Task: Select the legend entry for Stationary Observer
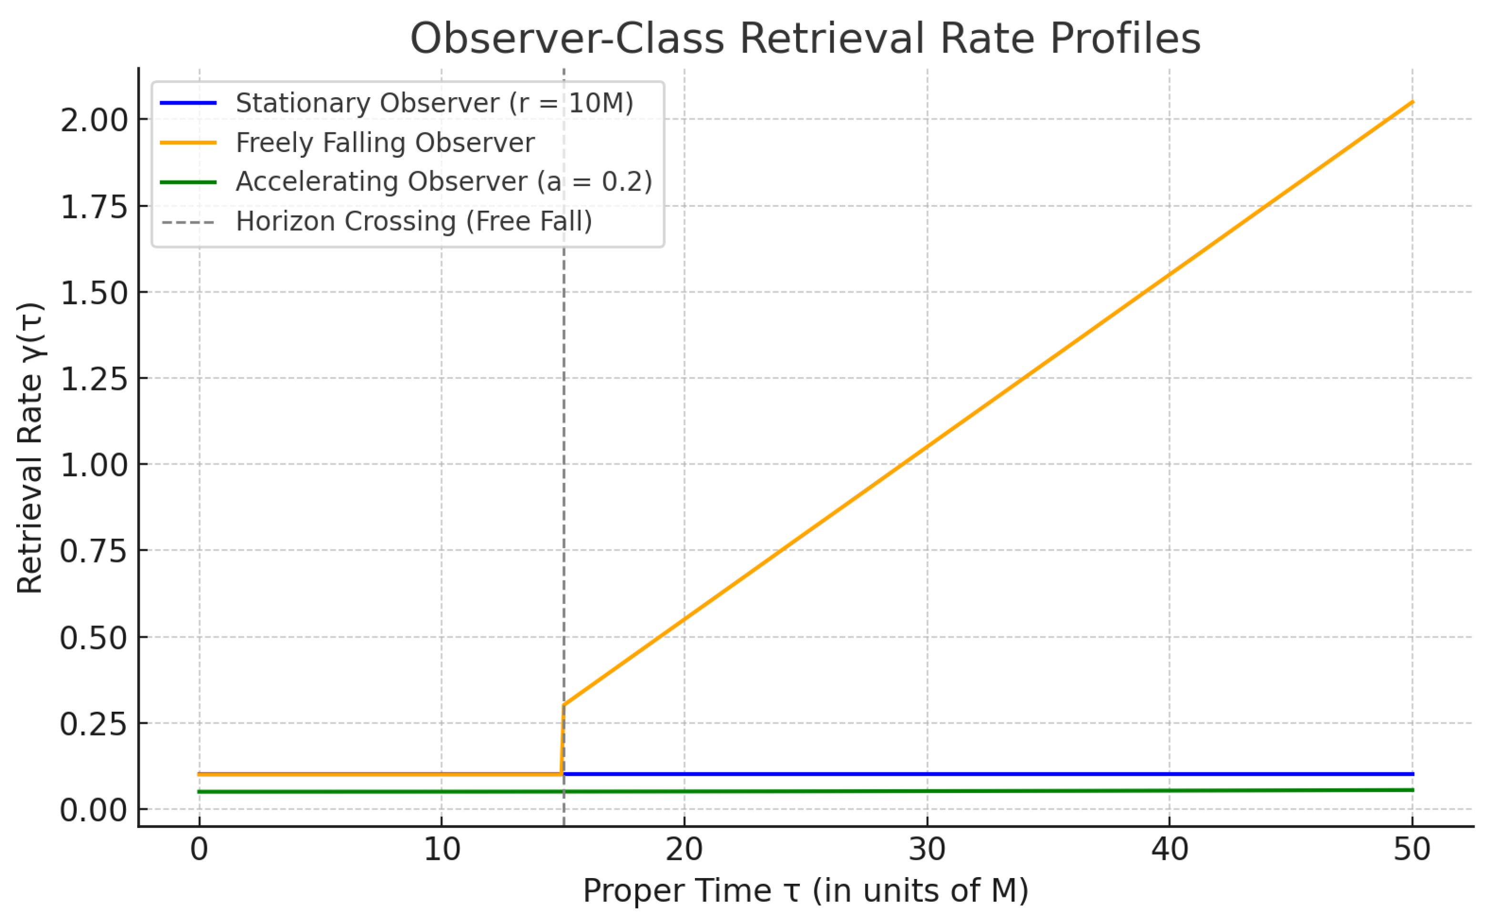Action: (434, 103)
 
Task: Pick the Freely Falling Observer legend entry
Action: (385, 143)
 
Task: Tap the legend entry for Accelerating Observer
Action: (444, 182)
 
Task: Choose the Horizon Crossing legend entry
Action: (414, 222)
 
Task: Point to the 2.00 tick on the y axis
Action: (94, 120)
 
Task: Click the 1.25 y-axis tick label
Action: (94, 379)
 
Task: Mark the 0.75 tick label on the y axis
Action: (94, 551)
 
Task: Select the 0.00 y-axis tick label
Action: (94, 810)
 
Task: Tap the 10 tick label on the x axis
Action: (442, 849)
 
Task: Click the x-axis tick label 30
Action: (927, 849)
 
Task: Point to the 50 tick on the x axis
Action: (1412, 849)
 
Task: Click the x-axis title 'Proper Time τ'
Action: (805, 891)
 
